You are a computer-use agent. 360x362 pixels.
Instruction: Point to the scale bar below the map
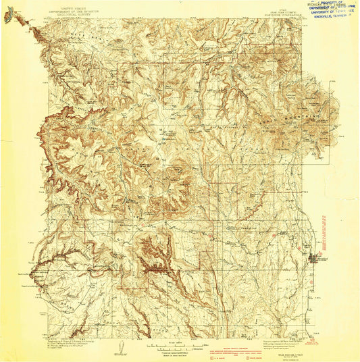(x=178, y=343)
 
